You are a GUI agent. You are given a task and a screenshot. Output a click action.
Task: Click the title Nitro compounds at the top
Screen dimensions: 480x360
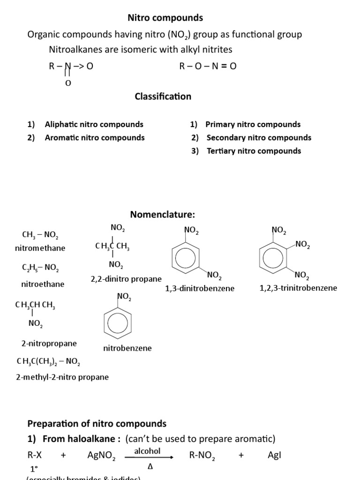[165, 18]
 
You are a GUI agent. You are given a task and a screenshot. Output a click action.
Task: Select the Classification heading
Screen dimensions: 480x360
[163, 97]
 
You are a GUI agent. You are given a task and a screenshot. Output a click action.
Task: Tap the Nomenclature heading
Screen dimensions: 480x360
[163, 215]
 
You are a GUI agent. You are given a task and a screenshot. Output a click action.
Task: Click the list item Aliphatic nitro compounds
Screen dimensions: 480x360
[94, 124]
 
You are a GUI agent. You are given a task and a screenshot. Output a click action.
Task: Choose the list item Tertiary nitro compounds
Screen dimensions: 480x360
[253, 151]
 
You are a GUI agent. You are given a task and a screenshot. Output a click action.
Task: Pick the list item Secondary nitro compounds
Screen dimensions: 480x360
[259, 138]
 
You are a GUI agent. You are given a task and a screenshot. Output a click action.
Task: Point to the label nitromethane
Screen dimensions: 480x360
[40, 248]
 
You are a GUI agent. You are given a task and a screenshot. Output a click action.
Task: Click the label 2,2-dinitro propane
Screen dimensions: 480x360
[126, 279]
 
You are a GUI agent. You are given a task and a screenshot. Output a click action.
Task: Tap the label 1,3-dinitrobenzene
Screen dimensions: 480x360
[200, 288]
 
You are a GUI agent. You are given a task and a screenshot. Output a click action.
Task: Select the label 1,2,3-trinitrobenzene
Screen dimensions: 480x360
[298, 288]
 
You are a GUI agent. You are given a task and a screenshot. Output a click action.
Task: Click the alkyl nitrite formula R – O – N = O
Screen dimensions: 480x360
[208, 66]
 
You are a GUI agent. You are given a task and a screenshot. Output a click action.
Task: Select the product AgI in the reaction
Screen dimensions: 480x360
[274, 455]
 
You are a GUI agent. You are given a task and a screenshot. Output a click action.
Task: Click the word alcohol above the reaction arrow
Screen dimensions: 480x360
[147, 451]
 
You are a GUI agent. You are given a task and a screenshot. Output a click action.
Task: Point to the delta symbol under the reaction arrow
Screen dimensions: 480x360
[150, 467]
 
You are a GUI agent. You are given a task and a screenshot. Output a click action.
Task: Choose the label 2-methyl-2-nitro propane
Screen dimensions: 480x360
[62, 377]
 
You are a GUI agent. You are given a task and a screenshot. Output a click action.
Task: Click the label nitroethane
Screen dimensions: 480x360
[43, 284]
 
